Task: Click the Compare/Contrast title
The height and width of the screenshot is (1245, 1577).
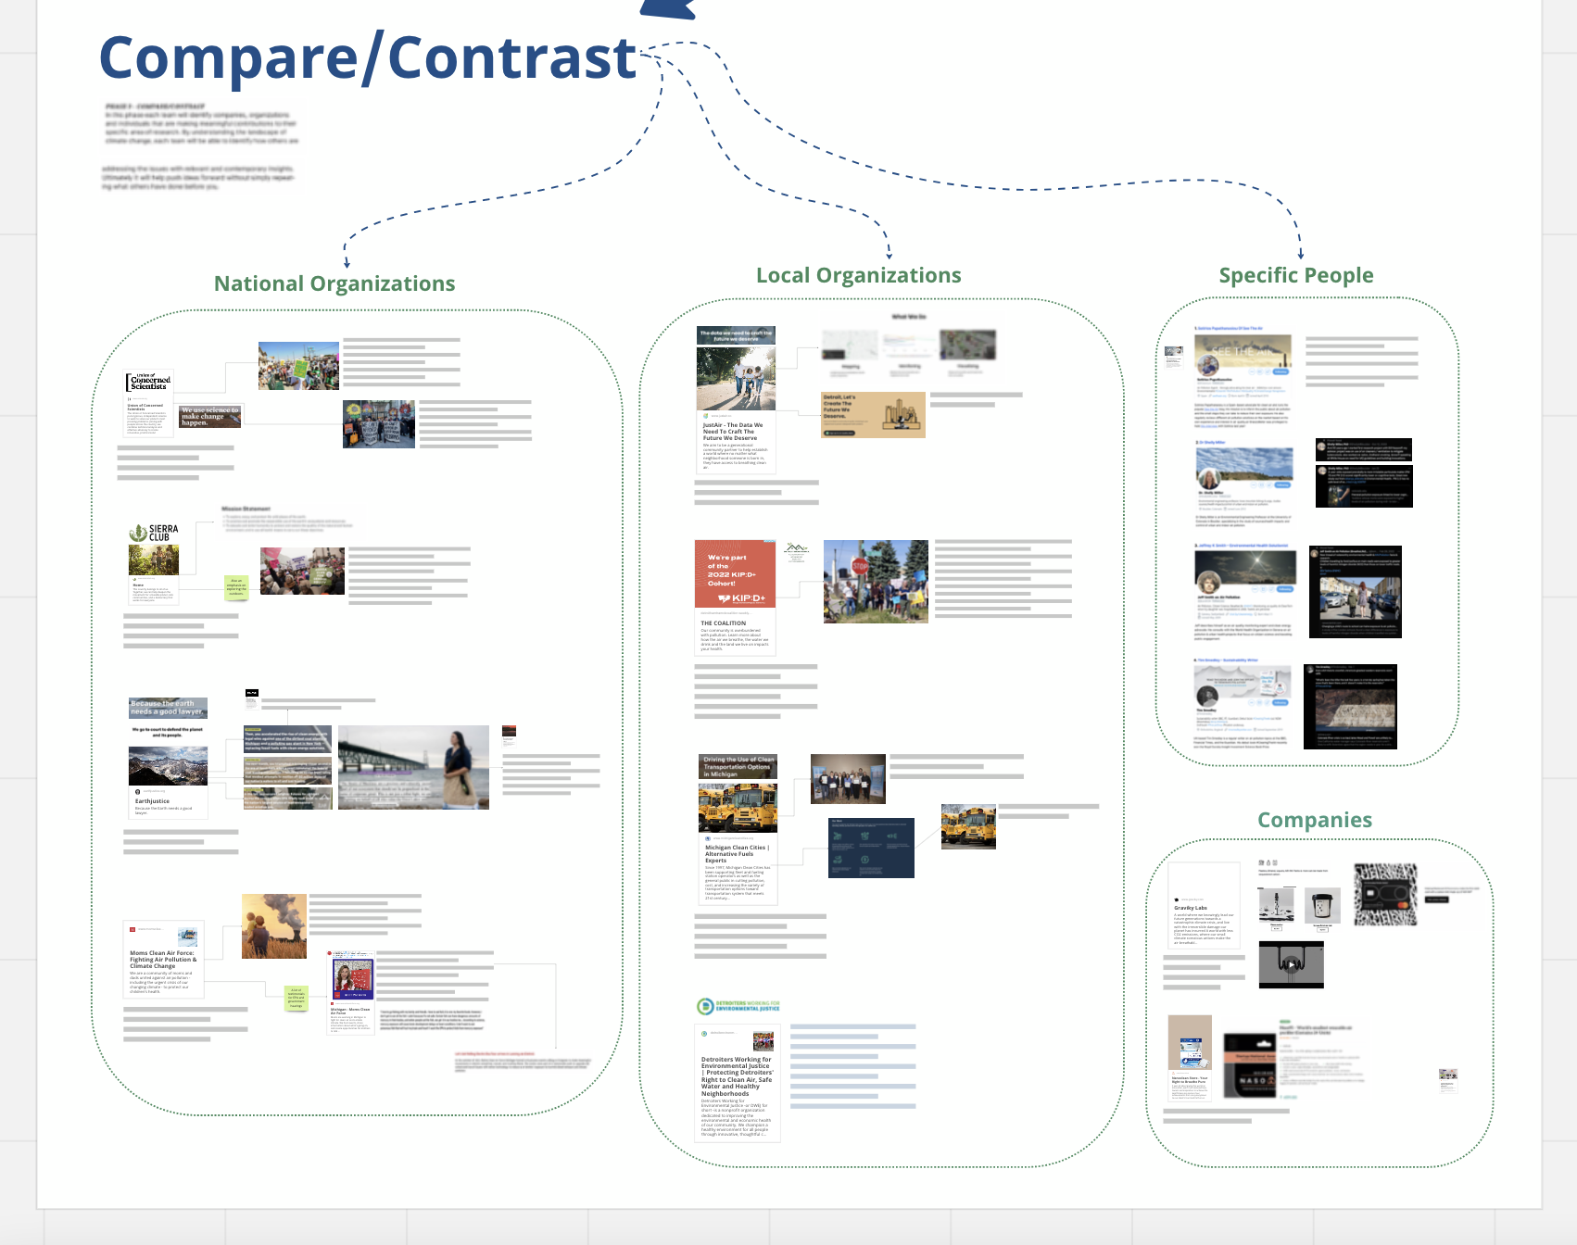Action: (368, 57)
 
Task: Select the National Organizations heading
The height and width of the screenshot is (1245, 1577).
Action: (334, 283)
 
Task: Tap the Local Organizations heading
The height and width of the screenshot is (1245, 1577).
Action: (858, 275)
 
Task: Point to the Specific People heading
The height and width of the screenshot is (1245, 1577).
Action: (1295, 275)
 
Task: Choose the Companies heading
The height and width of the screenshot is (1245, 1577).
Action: (1314, 820)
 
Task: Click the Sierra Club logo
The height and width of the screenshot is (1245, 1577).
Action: (154, 533)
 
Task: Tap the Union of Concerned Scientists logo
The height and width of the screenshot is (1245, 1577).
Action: (149, 382)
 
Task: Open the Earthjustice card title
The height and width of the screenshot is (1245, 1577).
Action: (152, 801)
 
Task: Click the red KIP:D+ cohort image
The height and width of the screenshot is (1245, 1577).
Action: (735, 574)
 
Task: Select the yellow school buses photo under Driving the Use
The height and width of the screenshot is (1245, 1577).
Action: (738, 807)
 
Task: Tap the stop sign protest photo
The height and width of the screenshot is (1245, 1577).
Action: (876, 581)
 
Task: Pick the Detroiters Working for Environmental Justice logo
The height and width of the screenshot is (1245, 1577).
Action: (738, 1007)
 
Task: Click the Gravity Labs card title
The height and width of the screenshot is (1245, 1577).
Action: (1191, 908)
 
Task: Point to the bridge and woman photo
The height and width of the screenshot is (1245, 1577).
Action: (413, 767)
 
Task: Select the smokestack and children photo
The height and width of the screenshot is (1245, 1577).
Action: (274, 925)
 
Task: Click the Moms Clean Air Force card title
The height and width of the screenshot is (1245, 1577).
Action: (162, 959)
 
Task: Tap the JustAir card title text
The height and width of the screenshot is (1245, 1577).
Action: (733, 432)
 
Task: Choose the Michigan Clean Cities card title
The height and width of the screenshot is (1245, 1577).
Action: (736, 853)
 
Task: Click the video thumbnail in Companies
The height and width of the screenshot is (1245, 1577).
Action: (1291, 964)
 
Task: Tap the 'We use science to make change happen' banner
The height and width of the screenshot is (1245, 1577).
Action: (209, 417)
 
